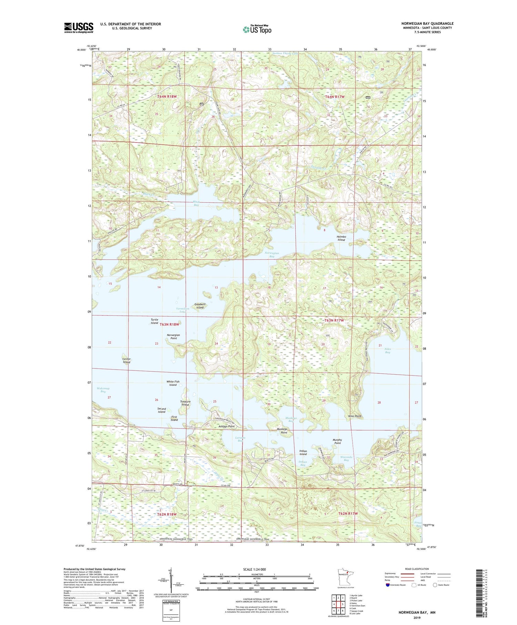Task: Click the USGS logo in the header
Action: (x=79, y=28)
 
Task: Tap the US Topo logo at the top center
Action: (x=257, y=29)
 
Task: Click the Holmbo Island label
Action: (x=341, y=238)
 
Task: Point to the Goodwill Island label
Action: (x=200, y=306)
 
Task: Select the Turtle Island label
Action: (x=154, y=321)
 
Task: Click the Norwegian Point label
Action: (x=173, y=336)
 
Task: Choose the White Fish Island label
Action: (x=173, y=383)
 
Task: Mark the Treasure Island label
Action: (x=185, y=403)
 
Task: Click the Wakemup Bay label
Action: (x=103, y=390)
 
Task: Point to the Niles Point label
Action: (x=355, y=416)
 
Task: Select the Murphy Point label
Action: (x=337, y=441)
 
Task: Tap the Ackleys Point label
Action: (x=226, y=426)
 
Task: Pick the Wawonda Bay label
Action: (x=346, y=458)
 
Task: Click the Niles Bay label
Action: (x=388, y=351)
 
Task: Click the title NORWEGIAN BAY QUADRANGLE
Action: (x=427, y=23)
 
